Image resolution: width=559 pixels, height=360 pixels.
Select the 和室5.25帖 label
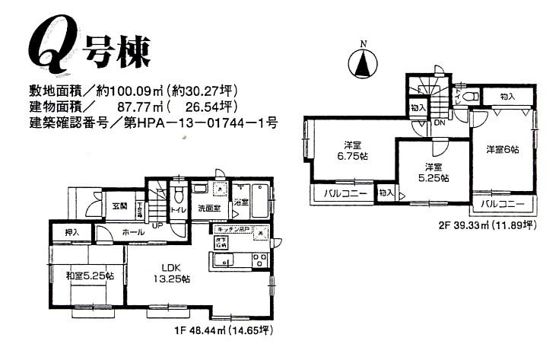coord(90,275)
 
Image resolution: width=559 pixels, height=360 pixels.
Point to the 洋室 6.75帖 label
coord(351,150)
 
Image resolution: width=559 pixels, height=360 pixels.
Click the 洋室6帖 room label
coord(503,150)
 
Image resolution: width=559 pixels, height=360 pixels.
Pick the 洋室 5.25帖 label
coord(433,171)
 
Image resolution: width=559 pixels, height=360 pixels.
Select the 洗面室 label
coord(209,207)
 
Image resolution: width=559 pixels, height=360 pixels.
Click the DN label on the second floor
coord(439,123)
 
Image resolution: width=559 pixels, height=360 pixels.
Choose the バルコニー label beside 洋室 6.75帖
coord(345,194)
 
